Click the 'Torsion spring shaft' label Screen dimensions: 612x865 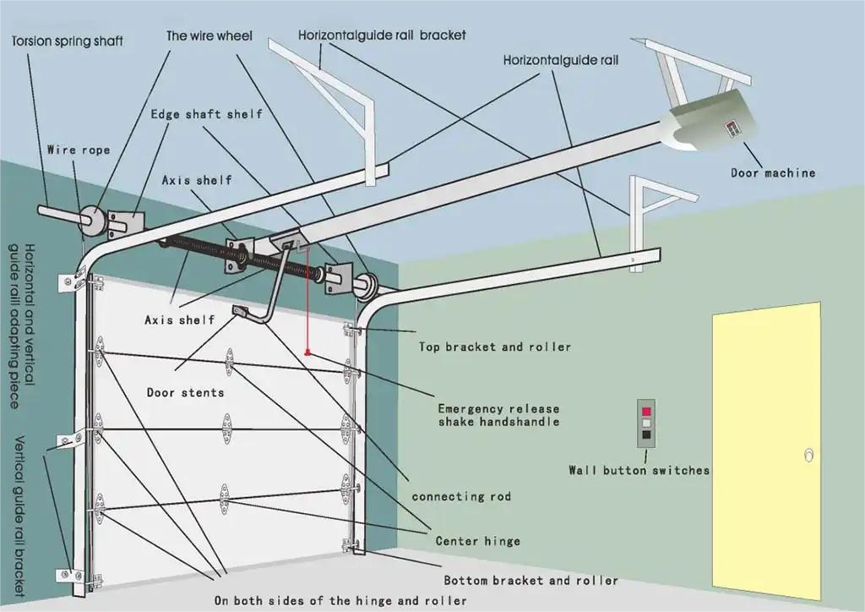[67, 41]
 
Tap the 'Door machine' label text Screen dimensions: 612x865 [773, 172]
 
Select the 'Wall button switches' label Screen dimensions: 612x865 [639, 470]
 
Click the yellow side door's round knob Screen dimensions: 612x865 [809, 456]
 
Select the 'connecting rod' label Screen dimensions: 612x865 [461, 496]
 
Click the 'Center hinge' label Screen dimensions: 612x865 [477, 541]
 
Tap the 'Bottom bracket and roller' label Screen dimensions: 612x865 [530, 581]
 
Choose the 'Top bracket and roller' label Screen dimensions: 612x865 [495, 347]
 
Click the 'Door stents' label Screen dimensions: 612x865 [185, 392]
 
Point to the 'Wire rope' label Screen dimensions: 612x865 [78, 150]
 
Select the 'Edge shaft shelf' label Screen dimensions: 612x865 [206, 114]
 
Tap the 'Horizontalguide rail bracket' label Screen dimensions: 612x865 [382, 36]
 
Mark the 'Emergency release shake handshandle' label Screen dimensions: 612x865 [498, 415]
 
